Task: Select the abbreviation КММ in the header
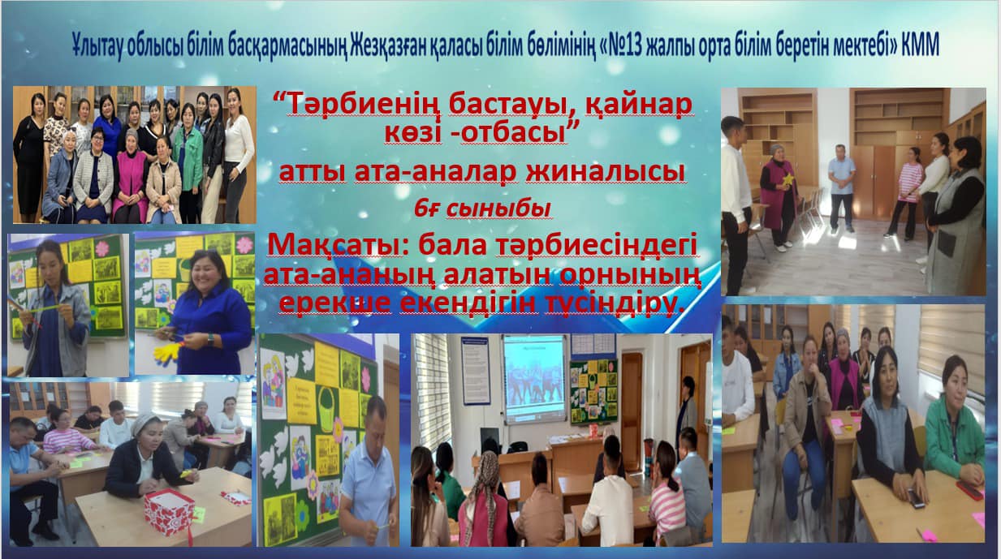[920, 45]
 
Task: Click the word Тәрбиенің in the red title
[363, 105]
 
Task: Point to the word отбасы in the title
[513, 134]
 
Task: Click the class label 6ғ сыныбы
[482, 209]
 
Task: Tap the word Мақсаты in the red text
[334, 246]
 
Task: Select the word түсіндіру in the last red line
[615, 304]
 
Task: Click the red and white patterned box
[169, 512]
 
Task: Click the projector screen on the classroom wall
[534, 379]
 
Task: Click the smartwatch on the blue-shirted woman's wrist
[210, 339]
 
